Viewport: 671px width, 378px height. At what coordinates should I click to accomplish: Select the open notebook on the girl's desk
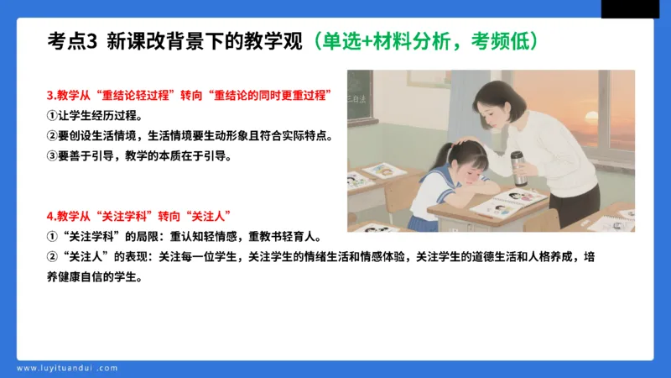[x=507, y=204]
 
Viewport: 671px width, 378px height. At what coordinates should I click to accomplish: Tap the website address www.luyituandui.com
[x=67, y=367]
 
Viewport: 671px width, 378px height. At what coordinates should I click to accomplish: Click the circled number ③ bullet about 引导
[x=51, y=155]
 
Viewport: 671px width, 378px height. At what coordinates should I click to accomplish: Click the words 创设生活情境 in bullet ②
[x=101, y=135]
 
